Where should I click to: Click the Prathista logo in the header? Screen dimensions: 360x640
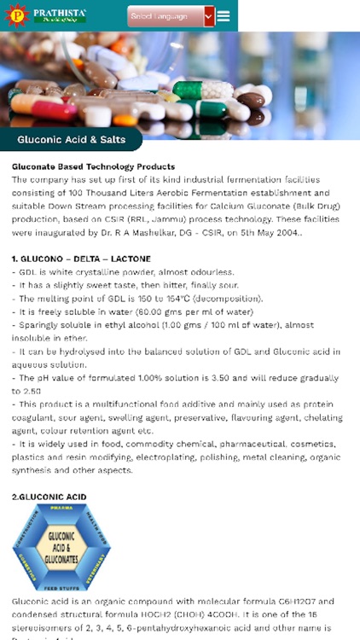click(x=47, y=15)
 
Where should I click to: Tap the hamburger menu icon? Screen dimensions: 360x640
click(x=224, y=16)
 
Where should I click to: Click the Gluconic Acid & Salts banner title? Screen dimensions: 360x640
click(x=72, y=140)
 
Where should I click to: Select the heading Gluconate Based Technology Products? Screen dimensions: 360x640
click(x=93, y=166)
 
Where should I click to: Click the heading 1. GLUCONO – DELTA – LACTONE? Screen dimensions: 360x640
click(x=81, y=259)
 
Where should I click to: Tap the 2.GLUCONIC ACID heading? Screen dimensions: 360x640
click(x=49, y=497)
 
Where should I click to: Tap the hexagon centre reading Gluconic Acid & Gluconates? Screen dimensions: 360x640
click(x=61, y=547)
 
